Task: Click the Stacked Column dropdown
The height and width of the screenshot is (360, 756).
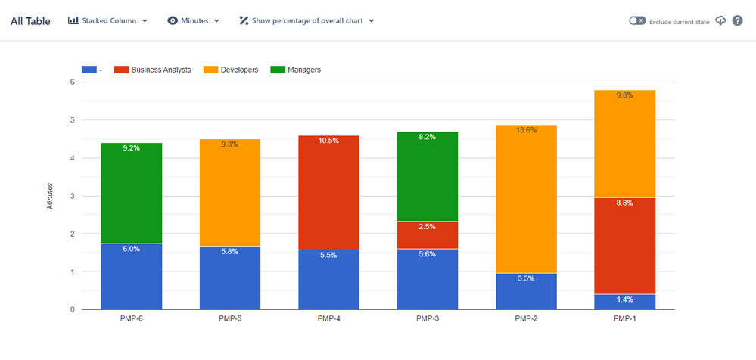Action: [x=107, y=20]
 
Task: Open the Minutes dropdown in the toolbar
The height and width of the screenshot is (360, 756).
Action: [x=194, y=20]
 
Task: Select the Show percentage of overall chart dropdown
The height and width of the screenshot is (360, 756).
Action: [x=306, y=20]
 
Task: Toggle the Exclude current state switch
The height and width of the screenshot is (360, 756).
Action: [x=637, y=21]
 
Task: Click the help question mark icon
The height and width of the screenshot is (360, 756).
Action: [x=737, y=20]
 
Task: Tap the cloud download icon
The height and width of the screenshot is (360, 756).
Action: [x=720, y=20]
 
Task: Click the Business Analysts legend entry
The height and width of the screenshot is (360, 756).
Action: [x=152, y=70]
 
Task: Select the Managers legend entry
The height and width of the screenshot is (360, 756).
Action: [x=295, y=70]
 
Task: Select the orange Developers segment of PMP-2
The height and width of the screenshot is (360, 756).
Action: [x=526, y=197]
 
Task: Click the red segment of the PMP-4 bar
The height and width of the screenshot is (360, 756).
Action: [x=329, y=193]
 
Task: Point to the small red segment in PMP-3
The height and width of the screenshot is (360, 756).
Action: [x=428, y=234]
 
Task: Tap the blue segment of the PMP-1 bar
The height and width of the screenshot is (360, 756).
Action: [x=625, y=302]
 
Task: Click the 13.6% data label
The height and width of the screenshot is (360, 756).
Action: [x=526, y=130]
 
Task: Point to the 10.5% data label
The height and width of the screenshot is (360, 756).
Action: [x=329, y=141]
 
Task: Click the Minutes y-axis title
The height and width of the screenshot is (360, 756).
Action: [x=51, y=195]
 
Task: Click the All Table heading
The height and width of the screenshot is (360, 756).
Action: [x=30, y=21]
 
